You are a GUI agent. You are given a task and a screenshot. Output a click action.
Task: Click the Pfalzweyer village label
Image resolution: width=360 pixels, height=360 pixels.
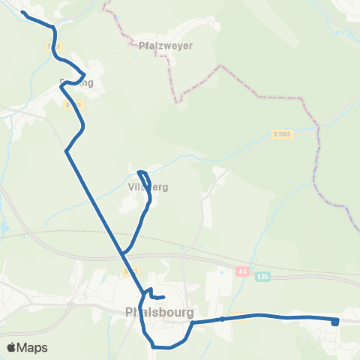[166, 45]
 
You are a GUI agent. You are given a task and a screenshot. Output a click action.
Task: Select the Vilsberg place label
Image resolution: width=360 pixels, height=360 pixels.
[148, 187]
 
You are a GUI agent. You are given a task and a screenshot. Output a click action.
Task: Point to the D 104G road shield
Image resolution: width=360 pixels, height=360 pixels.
[282, 134]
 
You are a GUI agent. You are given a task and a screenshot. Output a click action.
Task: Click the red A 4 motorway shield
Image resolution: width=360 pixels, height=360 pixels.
[241, 271]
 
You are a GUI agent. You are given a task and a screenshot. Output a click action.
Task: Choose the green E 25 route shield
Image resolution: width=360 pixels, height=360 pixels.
[261, 277]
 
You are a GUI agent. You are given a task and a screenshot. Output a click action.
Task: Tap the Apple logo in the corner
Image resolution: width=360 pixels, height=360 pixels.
[11, 347]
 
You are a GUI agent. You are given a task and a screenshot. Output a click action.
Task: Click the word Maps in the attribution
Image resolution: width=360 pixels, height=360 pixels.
[33, 347]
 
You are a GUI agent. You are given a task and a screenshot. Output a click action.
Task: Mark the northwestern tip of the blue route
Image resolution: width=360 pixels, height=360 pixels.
[23, 13]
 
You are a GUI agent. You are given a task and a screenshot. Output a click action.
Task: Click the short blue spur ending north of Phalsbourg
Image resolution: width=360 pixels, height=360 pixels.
[163, 298]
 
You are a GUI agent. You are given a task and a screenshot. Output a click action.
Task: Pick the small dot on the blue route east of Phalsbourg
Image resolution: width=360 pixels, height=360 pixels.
[223, 319]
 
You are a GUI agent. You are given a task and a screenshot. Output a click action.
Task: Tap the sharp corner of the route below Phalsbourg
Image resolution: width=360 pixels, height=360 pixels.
[152, 346]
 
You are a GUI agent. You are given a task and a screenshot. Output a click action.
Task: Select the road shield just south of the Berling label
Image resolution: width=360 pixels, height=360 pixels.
[70, 105]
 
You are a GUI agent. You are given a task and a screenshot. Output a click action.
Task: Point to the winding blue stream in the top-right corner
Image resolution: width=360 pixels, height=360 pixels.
[341, 30]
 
